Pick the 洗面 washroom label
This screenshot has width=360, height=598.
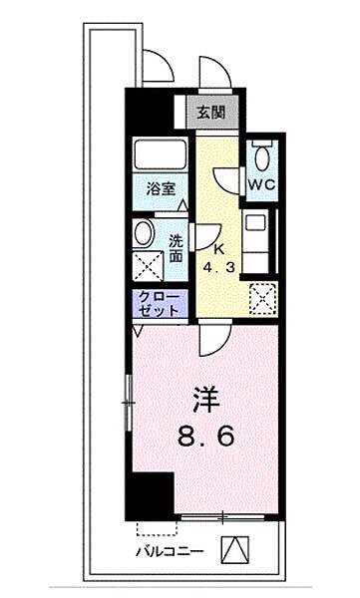click(176, 248)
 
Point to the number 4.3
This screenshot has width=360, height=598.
click(220, 269)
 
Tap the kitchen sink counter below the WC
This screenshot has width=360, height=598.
click(261, 245)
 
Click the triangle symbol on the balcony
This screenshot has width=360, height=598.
click(233, 548)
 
